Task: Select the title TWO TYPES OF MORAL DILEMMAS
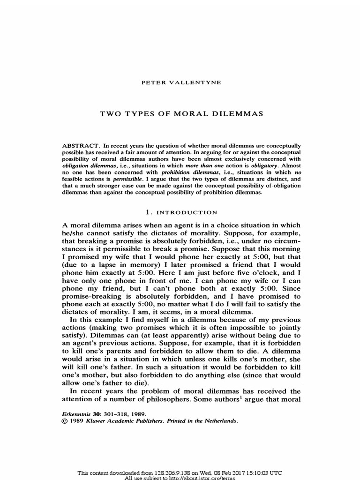pyautogui.click(x=180, y=113)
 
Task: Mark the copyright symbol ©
pyautogui.click(x=65, y=421)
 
